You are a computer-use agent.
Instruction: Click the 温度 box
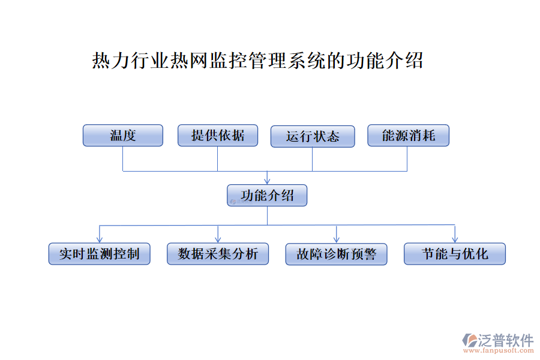(123, 135)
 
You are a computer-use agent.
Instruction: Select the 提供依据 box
(218, 135)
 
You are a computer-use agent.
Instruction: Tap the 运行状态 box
(313, 136)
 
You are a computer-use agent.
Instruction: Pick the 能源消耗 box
(408, 136)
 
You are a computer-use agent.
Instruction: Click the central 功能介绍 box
(267, 196)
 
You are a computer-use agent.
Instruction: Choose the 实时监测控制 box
(99, 254)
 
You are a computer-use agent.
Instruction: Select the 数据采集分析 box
(218, 254)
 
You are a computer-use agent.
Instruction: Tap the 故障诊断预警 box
(336, 254)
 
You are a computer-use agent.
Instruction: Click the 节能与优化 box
(455, 254)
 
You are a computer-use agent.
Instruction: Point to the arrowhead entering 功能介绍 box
(267, 181)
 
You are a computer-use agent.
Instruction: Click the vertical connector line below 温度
(123, 158)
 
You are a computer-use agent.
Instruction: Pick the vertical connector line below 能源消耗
(407, 158)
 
